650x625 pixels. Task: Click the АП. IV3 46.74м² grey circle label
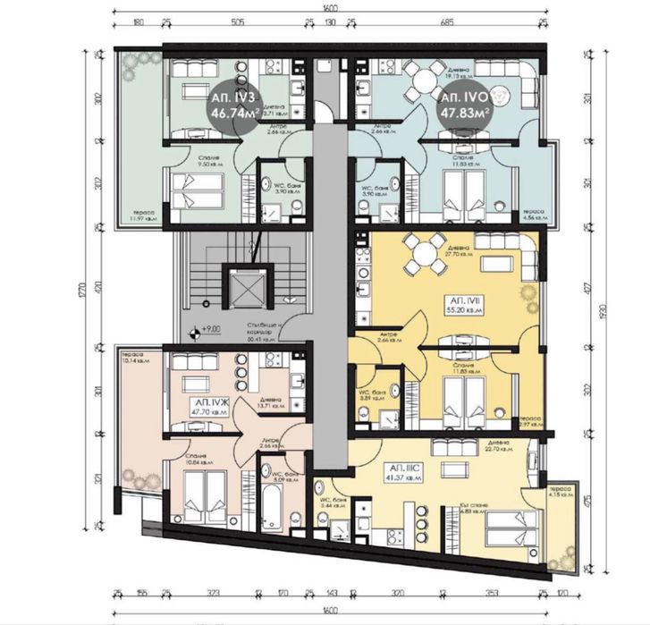click(234, 105)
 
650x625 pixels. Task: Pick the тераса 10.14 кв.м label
click(136, 357)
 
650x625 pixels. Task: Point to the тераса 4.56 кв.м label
click(554, 215)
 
